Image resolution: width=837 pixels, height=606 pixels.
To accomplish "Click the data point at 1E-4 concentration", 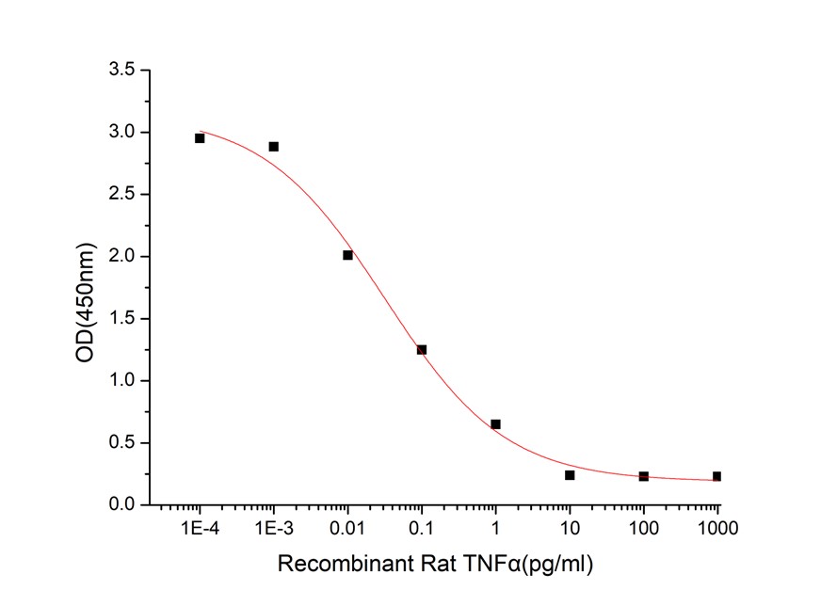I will (200, 138).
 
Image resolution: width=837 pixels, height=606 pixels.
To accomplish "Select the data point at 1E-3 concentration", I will (274, 147).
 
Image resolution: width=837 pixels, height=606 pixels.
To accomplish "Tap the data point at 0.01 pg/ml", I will (347, 255).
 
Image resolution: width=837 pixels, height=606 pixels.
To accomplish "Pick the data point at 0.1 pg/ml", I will (422, 349).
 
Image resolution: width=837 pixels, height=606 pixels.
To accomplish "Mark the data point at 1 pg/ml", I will (495, 424).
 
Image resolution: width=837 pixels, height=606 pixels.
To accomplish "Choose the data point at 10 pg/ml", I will (570, 475).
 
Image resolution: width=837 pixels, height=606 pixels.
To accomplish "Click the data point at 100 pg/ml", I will (643, 476).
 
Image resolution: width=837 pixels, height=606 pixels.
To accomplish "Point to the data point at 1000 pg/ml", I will (716, 476).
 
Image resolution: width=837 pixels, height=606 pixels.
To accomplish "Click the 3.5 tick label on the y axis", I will (122, 71).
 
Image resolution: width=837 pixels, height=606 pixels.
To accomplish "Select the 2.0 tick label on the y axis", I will (122, 257).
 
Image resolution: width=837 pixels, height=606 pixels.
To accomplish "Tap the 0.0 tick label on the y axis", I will (122, 505).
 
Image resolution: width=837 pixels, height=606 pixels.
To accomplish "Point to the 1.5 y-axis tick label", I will (122, 319).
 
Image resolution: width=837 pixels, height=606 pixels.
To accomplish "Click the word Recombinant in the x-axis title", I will (333, 565).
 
